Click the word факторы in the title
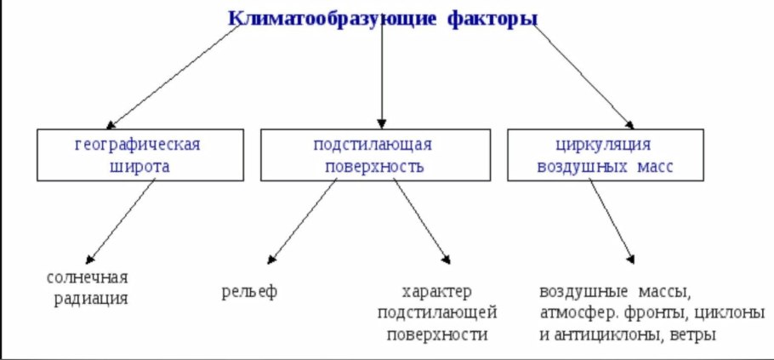492,18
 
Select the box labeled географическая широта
137,154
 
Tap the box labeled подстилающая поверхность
373,154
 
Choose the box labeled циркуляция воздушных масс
605,154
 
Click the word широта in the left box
137,166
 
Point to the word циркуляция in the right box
605,143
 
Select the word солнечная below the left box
88,277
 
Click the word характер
437,292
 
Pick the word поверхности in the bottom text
437,334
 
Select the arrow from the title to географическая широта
174,75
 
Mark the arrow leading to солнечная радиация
123,220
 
